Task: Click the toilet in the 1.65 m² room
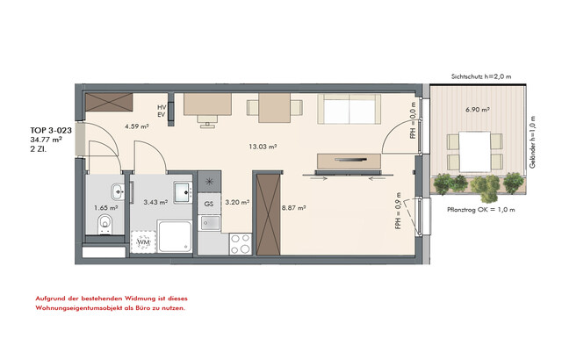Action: click(104, 225)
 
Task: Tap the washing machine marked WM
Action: click(143, 242)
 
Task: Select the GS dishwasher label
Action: click(209, 204)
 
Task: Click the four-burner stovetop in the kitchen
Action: click(241, 244)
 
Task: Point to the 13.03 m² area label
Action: click(263, 146)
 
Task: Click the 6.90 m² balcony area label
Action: click(478, 110)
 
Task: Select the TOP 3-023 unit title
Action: click(51, 130)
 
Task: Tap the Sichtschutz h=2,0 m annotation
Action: click(481, 76)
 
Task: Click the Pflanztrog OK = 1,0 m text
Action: click(481, 210)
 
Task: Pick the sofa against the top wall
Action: click(349, 109)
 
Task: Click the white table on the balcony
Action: click(474, 152)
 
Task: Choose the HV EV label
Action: click(162, 111)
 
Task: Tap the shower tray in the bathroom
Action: click(176, 236)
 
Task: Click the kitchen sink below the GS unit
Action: click(210, 223)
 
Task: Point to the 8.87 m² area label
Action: click(293, 207)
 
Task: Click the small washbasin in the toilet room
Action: click(118, 192)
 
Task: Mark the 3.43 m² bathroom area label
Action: click(155, 202)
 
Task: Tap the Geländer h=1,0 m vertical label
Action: click(533, 142)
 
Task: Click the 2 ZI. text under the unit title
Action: click(39, 149)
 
